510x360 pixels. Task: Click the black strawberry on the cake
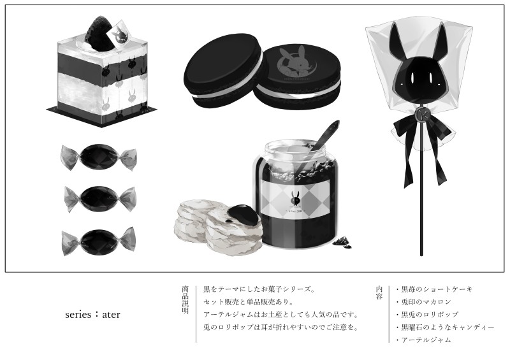99,34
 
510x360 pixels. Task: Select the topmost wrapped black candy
98,157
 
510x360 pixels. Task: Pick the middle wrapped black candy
100,198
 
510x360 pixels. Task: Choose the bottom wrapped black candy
99,240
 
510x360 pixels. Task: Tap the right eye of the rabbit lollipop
431,78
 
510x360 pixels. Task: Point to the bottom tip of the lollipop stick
422,256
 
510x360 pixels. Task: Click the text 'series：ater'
92,315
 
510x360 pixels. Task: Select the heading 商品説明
185,300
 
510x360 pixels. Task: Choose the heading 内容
379,292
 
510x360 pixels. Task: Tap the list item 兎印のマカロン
424,302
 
